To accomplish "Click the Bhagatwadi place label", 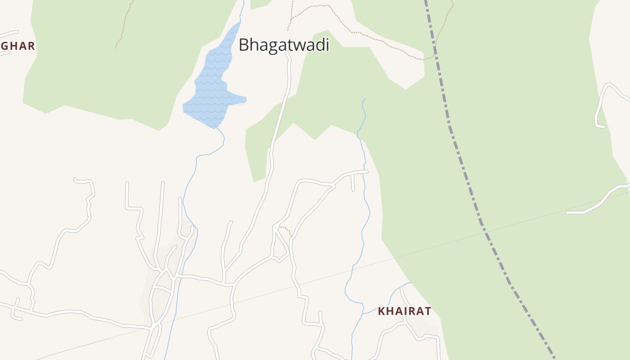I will pos(284,45).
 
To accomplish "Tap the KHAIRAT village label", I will pos(405,311).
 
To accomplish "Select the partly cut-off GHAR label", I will pos(18,46).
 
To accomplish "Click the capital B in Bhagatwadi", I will pos(244,45).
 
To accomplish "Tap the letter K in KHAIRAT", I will pos(381,311).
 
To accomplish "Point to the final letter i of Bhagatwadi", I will pos(327,45).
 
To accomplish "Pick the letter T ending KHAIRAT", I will pos(428,311).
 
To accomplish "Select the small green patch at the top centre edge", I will pos(260,4).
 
